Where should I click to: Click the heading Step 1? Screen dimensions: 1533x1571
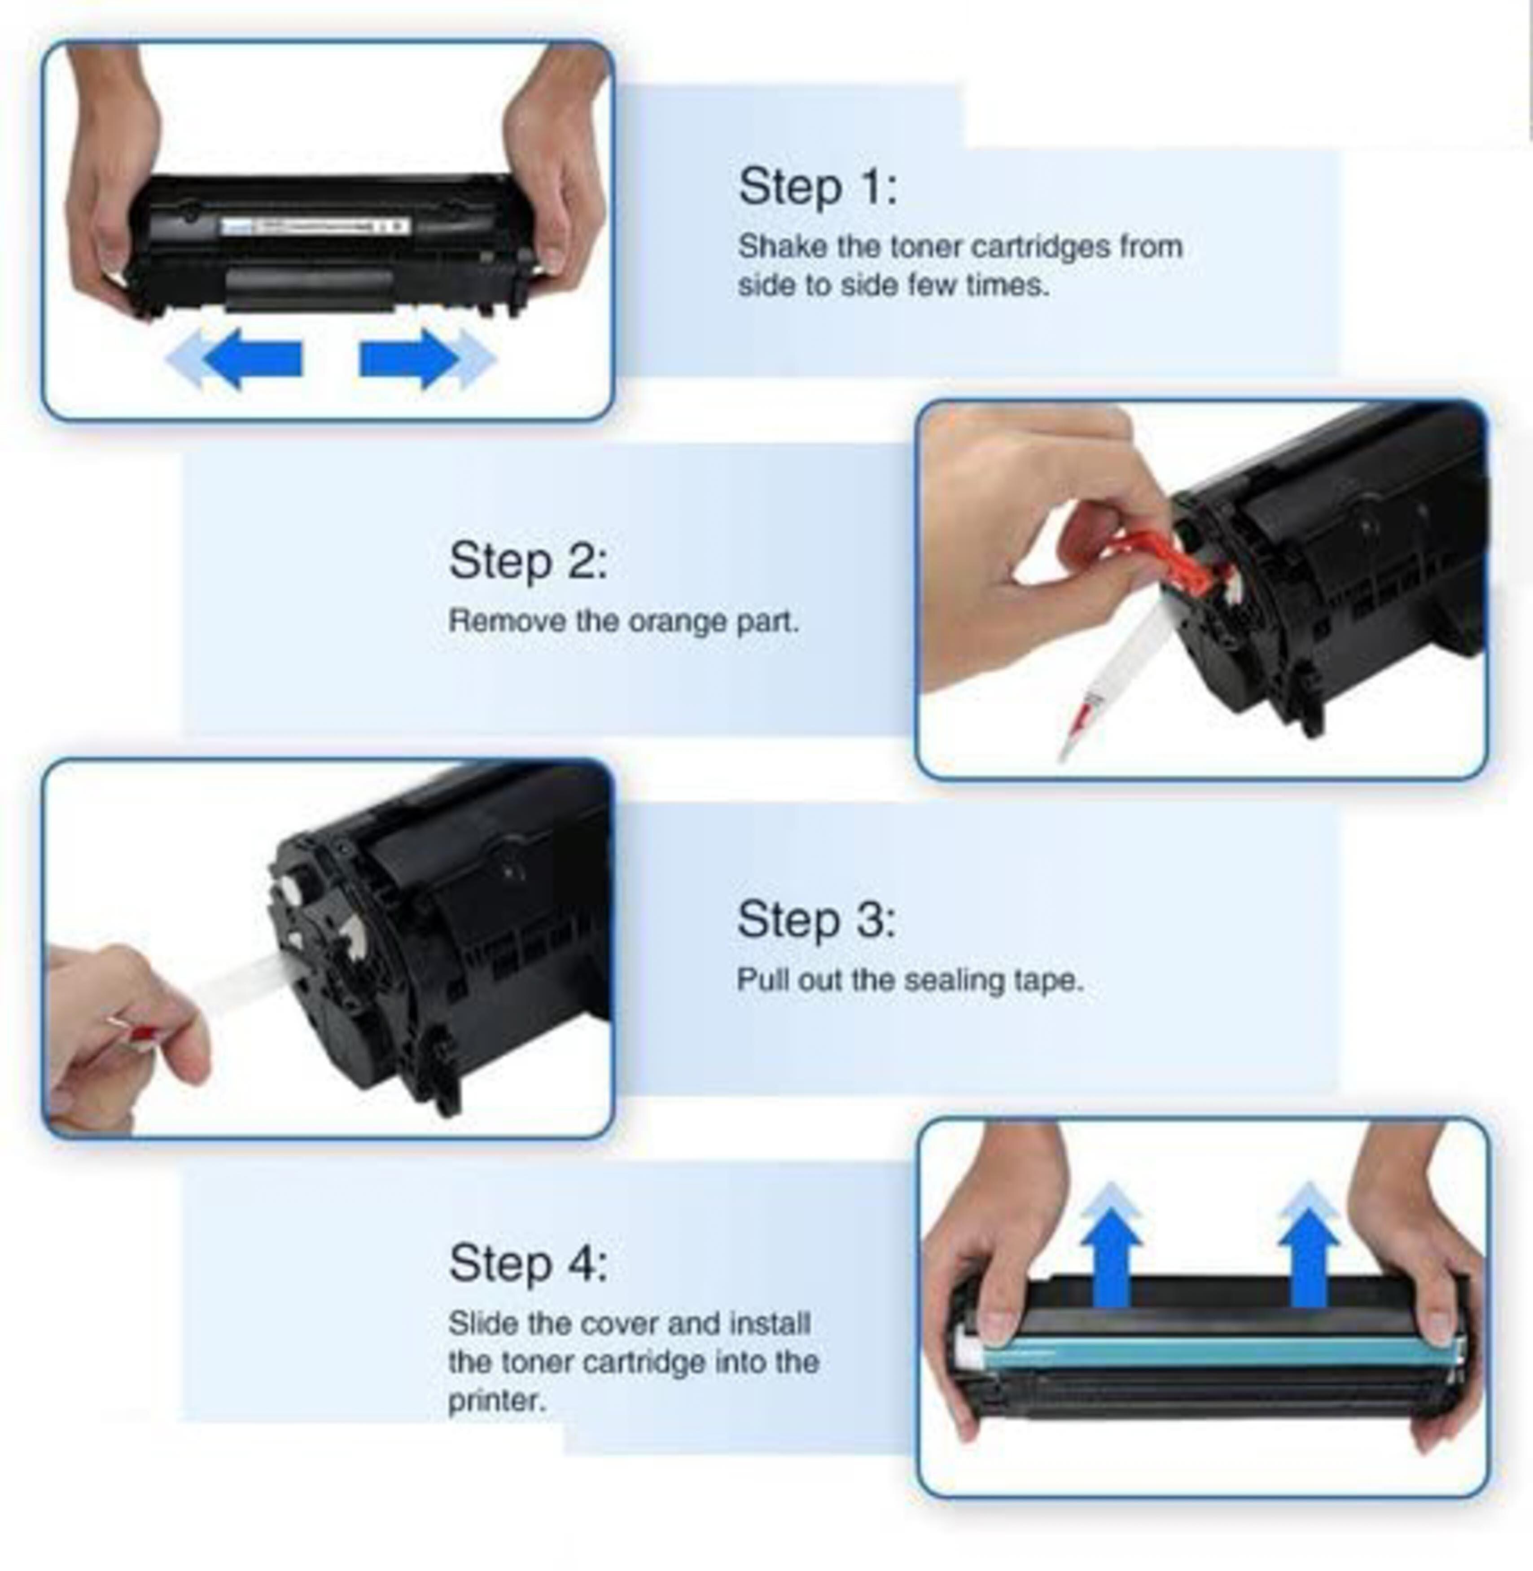click(817, 187)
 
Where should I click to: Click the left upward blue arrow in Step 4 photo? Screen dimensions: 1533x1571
click(1111, 1245)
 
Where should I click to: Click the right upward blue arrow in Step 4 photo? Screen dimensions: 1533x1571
click(1308, 1245)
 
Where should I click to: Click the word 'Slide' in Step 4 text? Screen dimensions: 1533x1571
click(482, 1323)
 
